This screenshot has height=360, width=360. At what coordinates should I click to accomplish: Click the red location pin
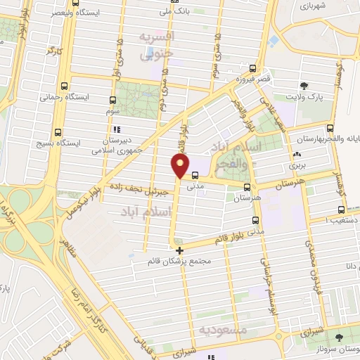point(181,167)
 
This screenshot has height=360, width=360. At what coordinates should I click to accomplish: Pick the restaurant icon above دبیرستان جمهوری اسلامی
point(117,129)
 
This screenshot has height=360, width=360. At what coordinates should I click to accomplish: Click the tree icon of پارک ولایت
point(303,84)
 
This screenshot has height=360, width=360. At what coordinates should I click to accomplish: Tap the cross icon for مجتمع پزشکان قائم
point(179,250)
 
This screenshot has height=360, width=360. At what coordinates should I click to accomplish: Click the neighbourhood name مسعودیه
point(221,329)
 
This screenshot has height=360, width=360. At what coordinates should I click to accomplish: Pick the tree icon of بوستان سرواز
point(340,337)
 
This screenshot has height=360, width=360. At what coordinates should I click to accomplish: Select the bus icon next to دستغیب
point(342,209)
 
